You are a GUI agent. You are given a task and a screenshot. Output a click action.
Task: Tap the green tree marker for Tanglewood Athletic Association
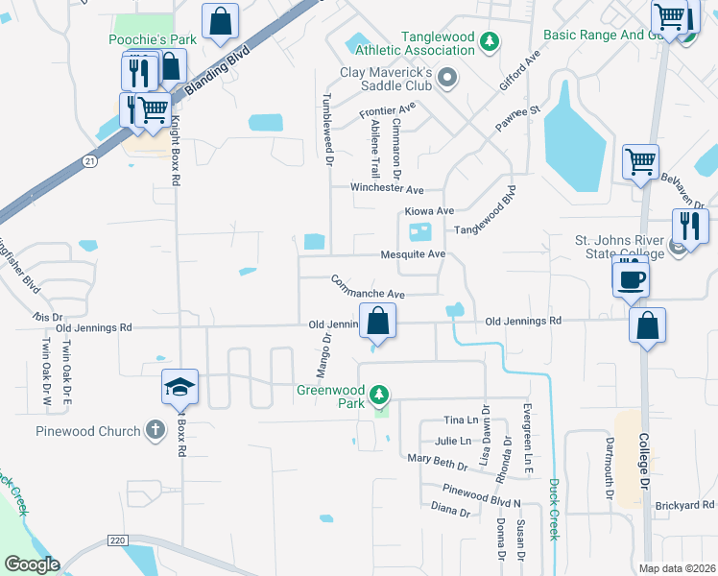(491, 41)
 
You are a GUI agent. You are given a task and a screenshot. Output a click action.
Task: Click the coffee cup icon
(631, 279)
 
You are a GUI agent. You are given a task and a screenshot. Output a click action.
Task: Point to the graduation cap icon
(179, 387)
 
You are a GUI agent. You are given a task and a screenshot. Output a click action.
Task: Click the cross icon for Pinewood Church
(156, 431)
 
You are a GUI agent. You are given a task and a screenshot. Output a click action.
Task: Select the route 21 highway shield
(89, 160)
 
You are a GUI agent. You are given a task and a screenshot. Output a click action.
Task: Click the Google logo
(32, 564)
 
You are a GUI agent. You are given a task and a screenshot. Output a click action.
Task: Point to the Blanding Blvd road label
(216, 74)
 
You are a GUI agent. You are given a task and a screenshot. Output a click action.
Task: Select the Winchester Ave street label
(386, 189)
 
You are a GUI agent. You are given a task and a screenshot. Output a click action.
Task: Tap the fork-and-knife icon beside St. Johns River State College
(689, 228)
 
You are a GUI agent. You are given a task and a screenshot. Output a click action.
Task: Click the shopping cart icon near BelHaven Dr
(640, 161)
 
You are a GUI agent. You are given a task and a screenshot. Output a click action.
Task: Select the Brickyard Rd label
(686, 505)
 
